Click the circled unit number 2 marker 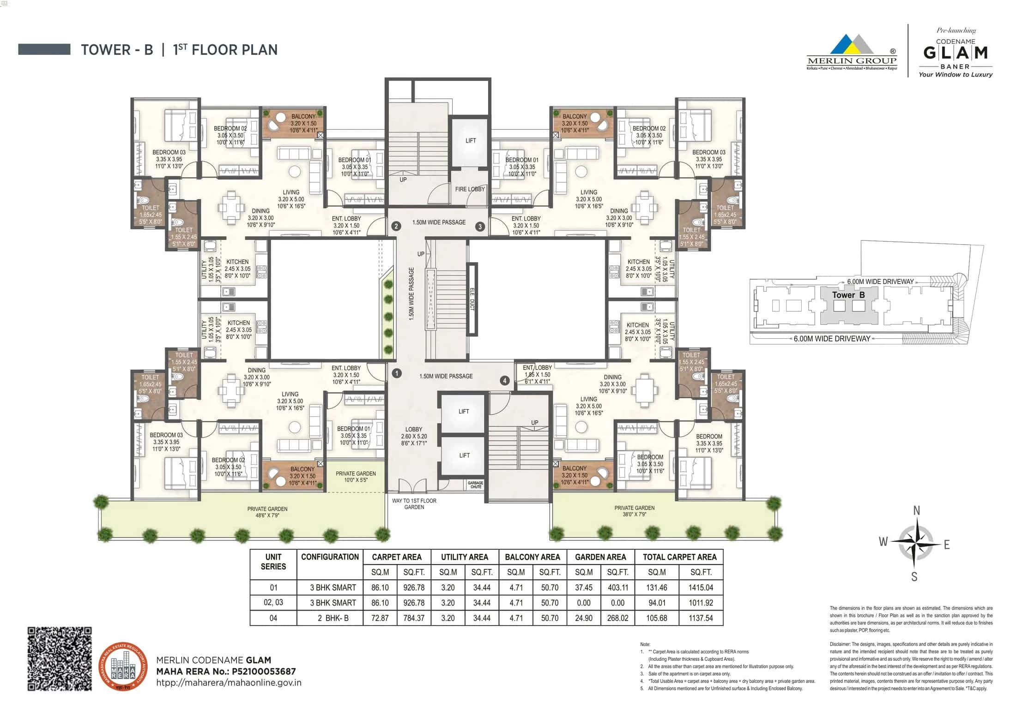click(396, 226)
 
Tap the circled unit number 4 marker click(505, 380)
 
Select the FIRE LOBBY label click(470, 189)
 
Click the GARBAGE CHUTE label click(475, 485)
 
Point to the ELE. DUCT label click(472, 299)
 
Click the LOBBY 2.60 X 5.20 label click(414, 436)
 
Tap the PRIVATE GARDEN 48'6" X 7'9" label click(267, 512)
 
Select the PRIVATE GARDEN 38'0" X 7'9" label click(634, 511)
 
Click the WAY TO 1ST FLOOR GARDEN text click(414, 504)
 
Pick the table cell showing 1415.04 click(701, 587)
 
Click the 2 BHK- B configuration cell click(330, 618)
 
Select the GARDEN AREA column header click(600, 557)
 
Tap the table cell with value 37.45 click(584, 587)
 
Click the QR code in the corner click(60, 659)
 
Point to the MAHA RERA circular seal click(123, 666)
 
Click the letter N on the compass click(917, 510)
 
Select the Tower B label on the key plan click(848, 295)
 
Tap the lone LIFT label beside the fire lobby click(470, 141)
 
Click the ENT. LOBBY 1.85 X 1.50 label click(537, 374)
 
